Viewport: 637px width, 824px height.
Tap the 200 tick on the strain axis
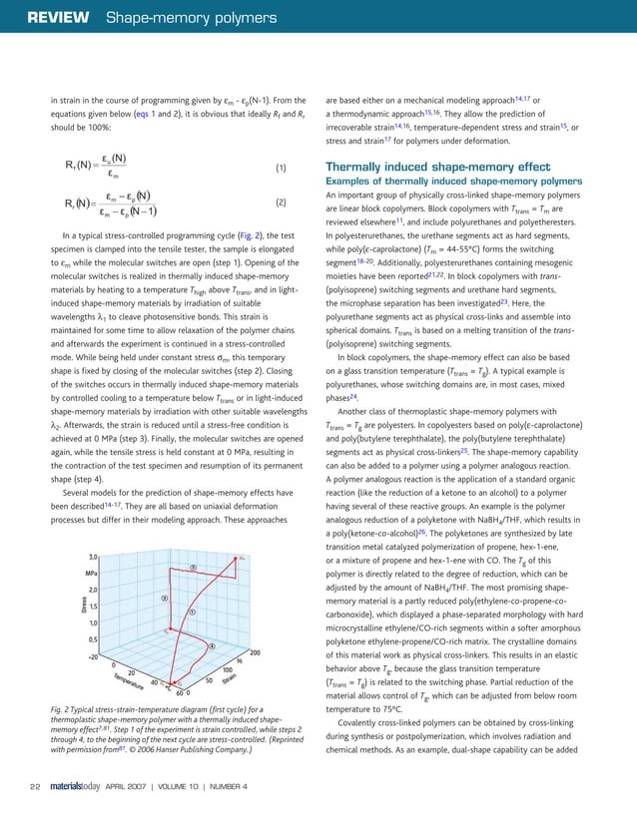[x=255, y=652]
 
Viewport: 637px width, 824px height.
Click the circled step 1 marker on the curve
[x=191, y=612]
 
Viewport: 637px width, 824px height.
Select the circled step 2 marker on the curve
[x=194, y=567]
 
